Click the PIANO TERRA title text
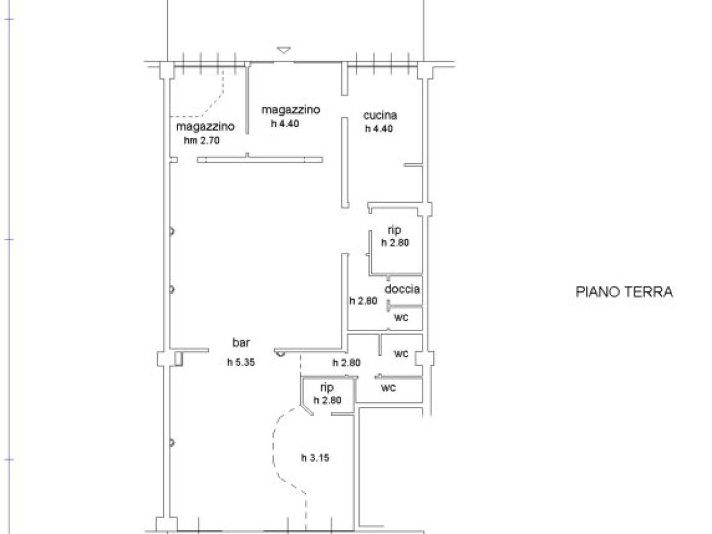[x=624, y=292]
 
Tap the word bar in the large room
[x=240, y=342]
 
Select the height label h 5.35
[x=240, y=363]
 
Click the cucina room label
[x=380, y=116]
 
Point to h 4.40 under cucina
[x=380, y=128]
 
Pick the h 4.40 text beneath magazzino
[x=286, y=123]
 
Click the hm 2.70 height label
[x=202, y=141]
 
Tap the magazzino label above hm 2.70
[x=205, y=127]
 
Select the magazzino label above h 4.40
[x=291, y=110]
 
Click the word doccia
[x=402, y=290]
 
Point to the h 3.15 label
[x=314, y=457]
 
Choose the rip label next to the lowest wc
[x=326, y=387]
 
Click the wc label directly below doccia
[x=402, y=317]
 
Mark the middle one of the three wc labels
[x=402, y=354]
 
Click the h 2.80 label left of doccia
[x=363, y=301]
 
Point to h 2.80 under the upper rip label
[x=395, y=242]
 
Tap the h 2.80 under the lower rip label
[x=328, y=401]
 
